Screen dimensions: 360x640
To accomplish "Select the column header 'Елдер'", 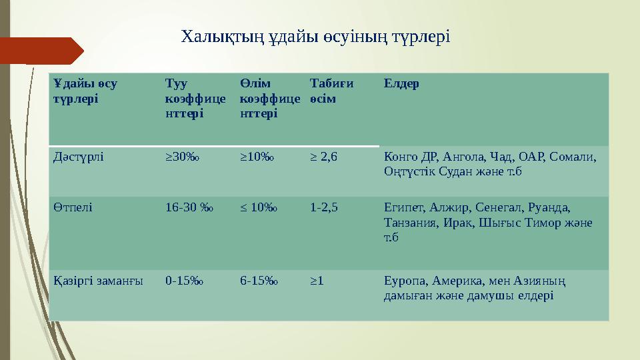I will (401, 85).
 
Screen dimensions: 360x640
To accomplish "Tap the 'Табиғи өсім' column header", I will (331, 91).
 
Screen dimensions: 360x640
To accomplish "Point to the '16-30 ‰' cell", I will (185, 207).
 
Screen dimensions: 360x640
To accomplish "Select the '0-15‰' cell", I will (185, 281).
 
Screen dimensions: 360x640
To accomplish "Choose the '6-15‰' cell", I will (259, 281).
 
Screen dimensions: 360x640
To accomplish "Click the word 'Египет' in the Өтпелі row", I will (403, 207).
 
